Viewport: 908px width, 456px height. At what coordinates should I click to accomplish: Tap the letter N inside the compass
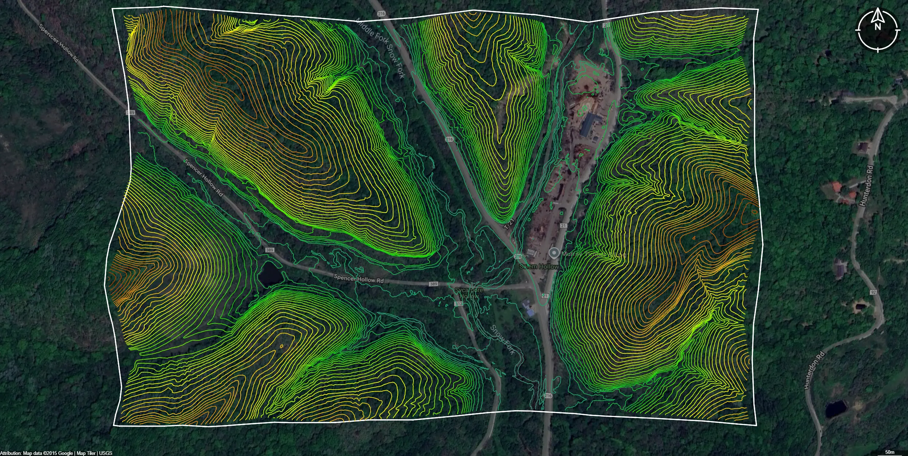click(x=877, y=27)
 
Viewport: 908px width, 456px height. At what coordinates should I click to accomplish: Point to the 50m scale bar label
click(x=890, y=452)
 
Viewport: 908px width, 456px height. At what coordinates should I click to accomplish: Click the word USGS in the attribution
click(x=105, y=453)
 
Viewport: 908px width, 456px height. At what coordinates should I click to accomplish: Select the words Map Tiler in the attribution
click(x=86, y=453)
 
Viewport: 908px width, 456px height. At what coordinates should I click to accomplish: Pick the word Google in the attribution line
click(x=66, y=453)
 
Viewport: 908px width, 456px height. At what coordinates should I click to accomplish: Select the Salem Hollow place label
click(x=539, y=266)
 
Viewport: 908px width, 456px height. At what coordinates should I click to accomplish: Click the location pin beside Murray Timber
click(x=554, y=253)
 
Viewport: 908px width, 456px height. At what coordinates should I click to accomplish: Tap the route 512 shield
click(x=458, y=304)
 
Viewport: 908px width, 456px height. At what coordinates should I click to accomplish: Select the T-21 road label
click(x=509, y=224)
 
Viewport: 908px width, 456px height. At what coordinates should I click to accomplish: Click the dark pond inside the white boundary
click(x=270, y=274)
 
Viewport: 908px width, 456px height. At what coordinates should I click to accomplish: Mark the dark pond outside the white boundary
click(x=836, y=409)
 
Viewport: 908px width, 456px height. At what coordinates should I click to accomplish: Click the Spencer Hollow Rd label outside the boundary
click(x=58, y=43)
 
